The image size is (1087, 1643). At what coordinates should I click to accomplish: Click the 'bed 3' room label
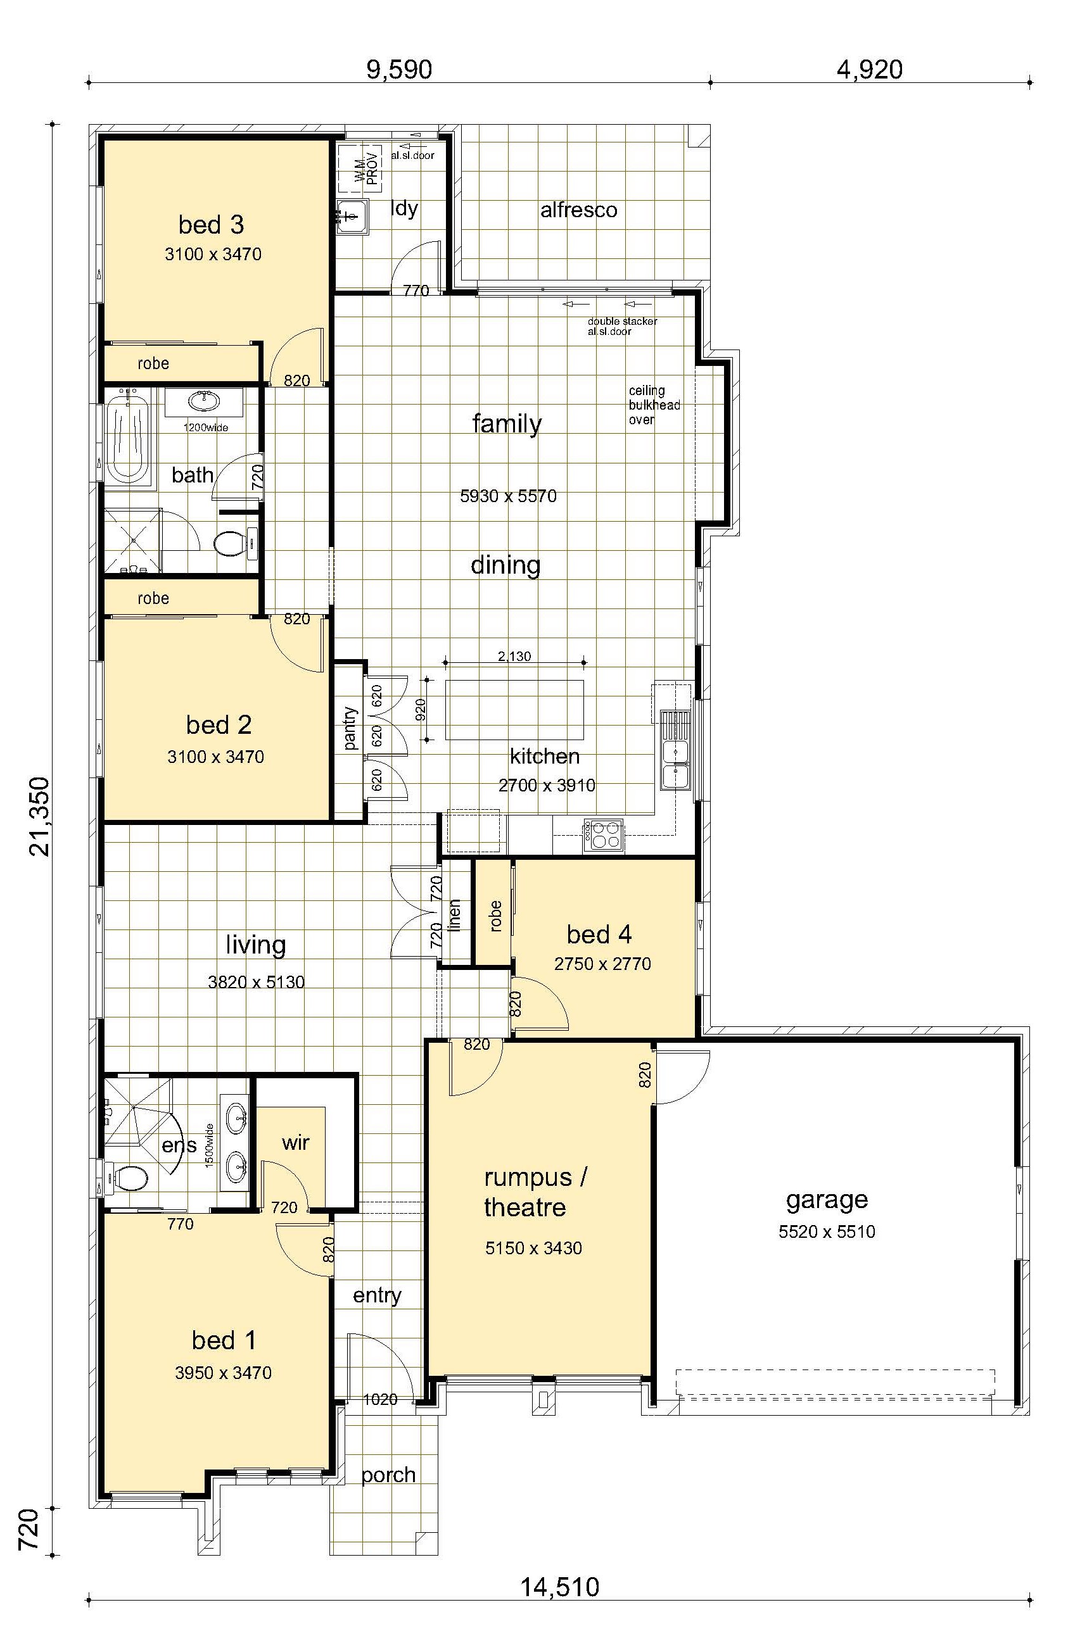click(x=211, y=225)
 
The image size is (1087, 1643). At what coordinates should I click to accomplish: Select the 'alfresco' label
click(x=579, y=210)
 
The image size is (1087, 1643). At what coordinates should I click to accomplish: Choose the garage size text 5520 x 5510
click(x=827, y=1231)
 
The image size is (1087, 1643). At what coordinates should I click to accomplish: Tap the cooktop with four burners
click(x=603, y=834)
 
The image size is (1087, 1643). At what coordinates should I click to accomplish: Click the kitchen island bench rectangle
click(x=514, y=710)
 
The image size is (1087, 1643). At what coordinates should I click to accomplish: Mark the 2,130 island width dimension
click(x=514, y=655)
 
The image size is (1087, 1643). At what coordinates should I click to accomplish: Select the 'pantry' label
click(x=350, y=728)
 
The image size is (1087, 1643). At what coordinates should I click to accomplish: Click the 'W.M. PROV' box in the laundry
click(x=359, y=169)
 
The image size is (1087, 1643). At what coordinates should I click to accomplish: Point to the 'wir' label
click(x=295, y=1142)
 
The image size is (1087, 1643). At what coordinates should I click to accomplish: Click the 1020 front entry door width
click(x=381, y=1399)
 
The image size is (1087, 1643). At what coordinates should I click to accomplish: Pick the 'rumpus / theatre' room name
click(x=535, y=1192)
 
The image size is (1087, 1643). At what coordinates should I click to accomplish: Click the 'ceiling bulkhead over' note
click(x=654, y=405)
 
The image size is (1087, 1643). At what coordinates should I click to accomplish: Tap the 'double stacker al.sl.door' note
click(x=623, y=326)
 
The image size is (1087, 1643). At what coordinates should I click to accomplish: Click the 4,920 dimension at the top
click(x=869, y=70)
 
